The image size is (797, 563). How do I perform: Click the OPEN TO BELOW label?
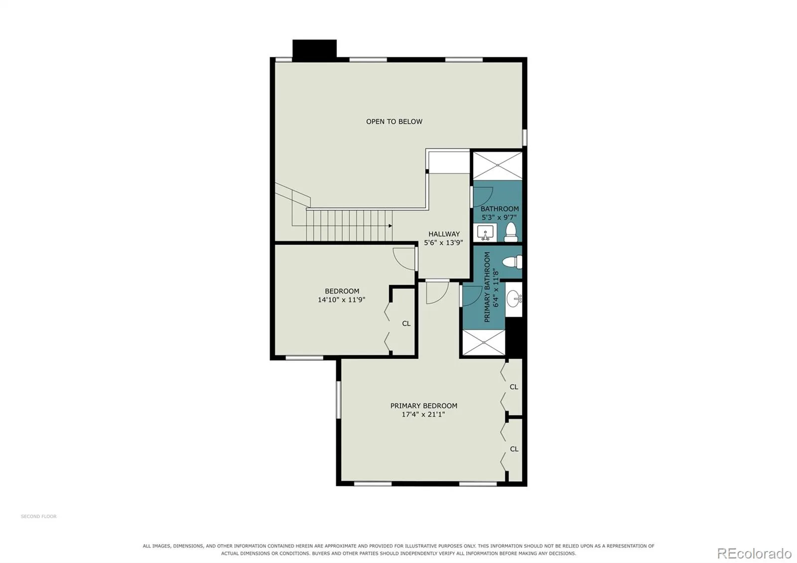tap(394, 122)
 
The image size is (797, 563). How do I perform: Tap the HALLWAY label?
tap(444, 234)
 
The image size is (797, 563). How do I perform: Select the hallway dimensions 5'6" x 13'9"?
tap(443, 243)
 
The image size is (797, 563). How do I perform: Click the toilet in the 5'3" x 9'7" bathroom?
tap(511, 232)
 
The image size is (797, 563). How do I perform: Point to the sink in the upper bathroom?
tap(485, 233)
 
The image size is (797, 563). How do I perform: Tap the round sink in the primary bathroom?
tap(514, 298)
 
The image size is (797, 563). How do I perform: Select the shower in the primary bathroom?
tap(484, 342)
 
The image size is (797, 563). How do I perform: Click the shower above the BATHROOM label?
tap(498, 166)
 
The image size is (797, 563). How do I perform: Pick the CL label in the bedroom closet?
tap(406, 323)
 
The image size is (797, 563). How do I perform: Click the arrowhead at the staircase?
tap(391, 226)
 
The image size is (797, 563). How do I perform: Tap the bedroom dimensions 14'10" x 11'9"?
tap(342, 299)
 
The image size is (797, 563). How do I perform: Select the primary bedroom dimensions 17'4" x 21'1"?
tap(423, 414)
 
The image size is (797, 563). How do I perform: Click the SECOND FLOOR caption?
tap(39, 516)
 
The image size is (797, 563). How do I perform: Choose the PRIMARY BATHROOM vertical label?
tap(487, 287)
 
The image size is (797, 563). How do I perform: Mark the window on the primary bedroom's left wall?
tap(338, 400)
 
